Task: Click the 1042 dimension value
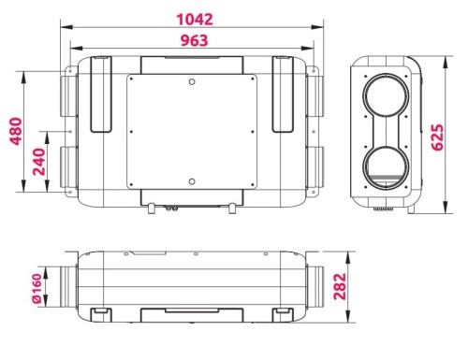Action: (195, 20)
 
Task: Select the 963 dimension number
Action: (194, 40)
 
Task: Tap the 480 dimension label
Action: (16, 131)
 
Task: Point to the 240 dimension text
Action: (39, 162)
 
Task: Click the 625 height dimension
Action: (437, 137)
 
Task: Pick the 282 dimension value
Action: (340, 287)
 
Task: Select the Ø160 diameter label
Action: (37, 288)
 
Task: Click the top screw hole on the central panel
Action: (192, 82)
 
